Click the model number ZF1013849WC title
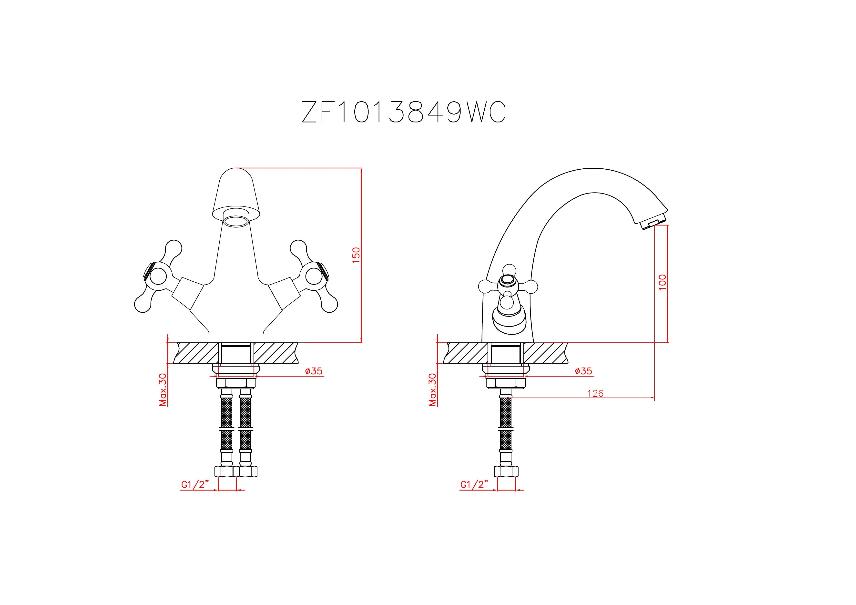pyautogui.click(x=403, y=112)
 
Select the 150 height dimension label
pyautogui.click(x=357, y=255)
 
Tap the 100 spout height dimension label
pyautogui.click(x=662, y=283)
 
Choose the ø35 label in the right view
pyautogui.click(x=583, y=371)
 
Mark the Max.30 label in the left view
pyautogui.click(x=163, y=390)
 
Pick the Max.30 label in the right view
pyautogui.click(x=432, y=390)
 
